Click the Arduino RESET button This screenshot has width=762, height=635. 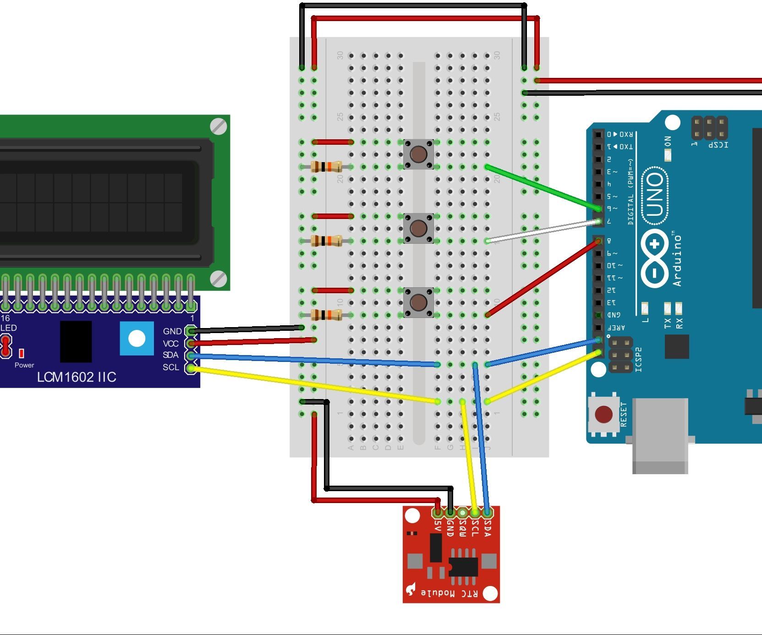click(x=603, y=415)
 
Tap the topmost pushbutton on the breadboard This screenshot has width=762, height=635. click(x=418, y=154)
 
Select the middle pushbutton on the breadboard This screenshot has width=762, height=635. click(x=418, y=228)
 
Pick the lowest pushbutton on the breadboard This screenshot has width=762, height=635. click(x=418, y=302)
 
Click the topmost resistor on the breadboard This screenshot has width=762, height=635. click(x=326, y=167)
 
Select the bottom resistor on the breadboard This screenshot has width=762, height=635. click(x=326, y=315)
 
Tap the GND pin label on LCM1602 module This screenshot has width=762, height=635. click(x=172, y=331)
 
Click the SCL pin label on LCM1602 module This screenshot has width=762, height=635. click(x=171, y=367)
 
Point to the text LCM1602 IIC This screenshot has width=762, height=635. click(x=77, y=377)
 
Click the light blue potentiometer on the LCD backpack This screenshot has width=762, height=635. click(x=137, y=339)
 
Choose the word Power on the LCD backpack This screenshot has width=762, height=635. click(x=24, y=365)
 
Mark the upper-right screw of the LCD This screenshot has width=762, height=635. click(x=219, y=126)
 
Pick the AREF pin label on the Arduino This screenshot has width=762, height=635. click(x=616, y=328)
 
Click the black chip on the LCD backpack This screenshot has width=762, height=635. click(x=76, y=341)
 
